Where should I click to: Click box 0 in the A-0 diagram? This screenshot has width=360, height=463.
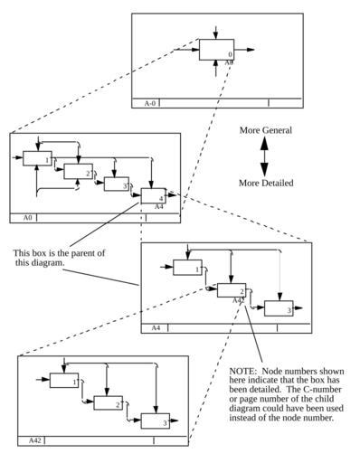click(x=216, y=50)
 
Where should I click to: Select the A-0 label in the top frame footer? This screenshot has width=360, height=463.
click(x=150, y=103)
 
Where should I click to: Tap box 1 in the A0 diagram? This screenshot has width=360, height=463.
click(x=37, y=158)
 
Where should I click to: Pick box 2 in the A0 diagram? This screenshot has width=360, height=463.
click(x=78, y=172)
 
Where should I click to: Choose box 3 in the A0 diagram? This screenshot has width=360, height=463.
click(x=117, y=184)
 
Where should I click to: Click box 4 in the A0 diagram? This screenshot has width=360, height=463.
click(x=154, y=196)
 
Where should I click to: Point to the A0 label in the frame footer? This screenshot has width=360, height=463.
click(x=27, y=218)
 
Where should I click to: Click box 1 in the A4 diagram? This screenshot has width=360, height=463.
click(x=187, y=268)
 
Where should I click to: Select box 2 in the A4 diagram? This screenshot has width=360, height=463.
click(x=232, y=290)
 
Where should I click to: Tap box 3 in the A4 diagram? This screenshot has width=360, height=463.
click(x=279, y=308)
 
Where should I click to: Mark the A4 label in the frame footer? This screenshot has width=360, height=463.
click(x=156, y=328)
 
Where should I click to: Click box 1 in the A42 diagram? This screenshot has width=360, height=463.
click(x=64, y=381)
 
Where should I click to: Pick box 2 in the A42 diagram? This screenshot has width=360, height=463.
click(x=109, y=403)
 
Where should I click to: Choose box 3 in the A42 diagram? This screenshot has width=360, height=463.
click(x=156, y=421)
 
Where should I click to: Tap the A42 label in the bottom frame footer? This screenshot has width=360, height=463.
click(x=34, y=440)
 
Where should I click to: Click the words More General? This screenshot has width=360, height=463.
click(x=266, y=130)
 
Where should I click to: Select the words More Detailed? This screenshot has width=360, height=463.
click(x=266, y=183)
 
